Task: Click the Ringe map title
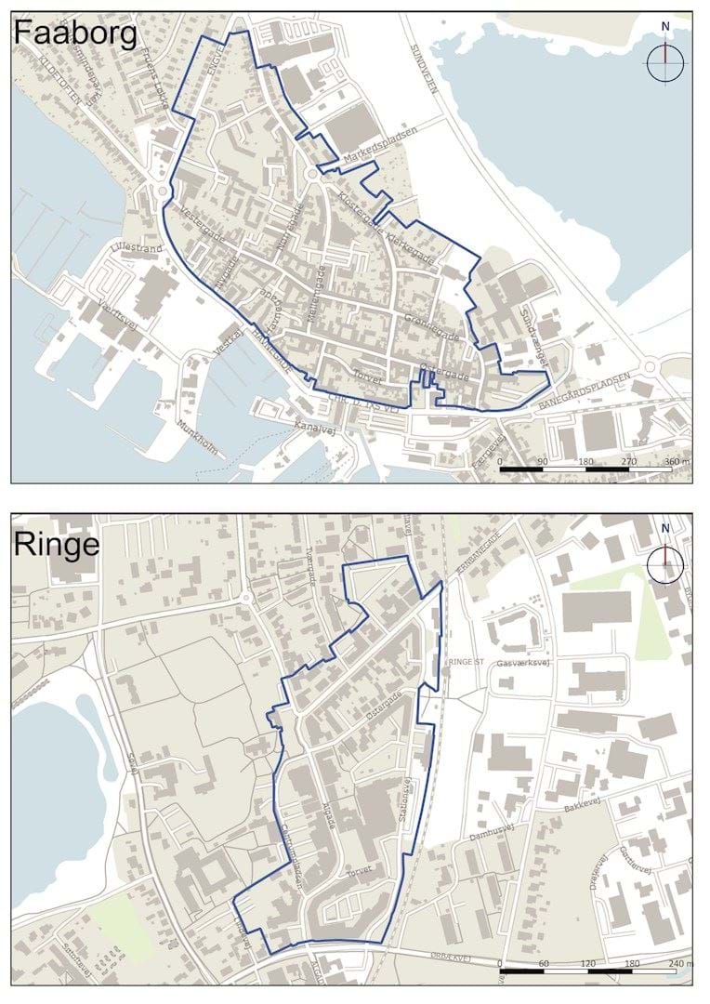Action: click(x=57, y=545)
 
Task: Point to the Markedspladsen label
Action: click(x=380, y=143)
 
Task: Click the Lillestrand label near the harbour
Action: click(x=136, y=249)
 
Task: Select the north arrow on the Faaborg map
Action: click(x=665, y=61)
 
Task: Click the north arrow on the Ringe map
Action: click(x=665, y=562)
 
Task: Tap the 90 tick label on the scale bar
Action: click(x=543, y=461)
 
